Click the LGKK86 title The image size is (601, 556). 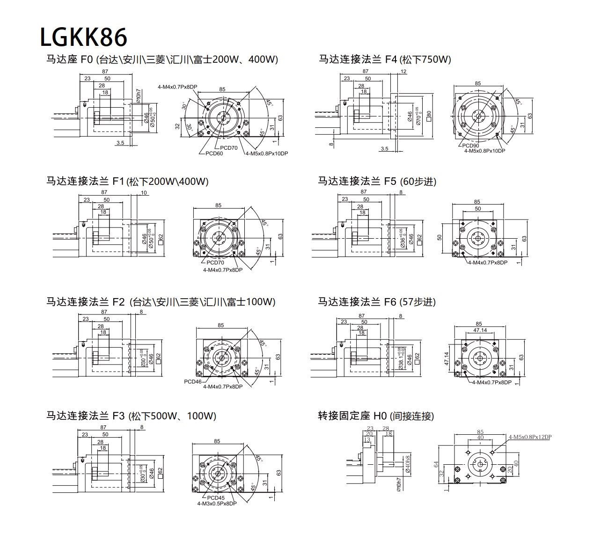tap(83, 37)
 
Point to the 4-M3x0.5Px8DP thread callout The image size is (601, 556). tap(217, 504)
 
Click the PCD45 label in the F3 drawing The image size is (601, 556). tap(216, 497)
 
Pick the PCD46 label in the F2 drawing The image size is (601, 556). tap(193, 381)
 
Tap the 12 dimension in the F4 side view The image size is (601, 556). tap(404, 72)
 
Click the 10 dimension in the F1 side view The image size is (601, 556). tap(144, 193)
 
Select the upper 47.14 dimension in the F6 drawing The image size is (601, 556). tap(480, 330)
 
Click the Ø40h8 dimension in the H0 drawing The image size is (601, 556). tap(409, 464)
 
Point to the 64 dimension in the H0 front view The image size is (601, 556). tap(436, 464)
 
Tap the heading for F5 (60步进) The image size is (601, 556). tap(377, 181)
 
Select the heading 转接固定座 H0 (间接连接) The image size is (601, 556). tap(376, 416)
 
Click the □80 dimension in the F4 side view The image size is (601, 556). tap(429, 115)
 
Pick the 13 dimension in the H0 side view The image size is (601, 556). tap(367, 439)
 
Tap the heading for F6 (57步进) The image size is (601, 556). tap(377, 302)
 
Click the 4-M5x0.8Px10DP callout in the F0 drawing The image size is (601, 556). tap(267, 153)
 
